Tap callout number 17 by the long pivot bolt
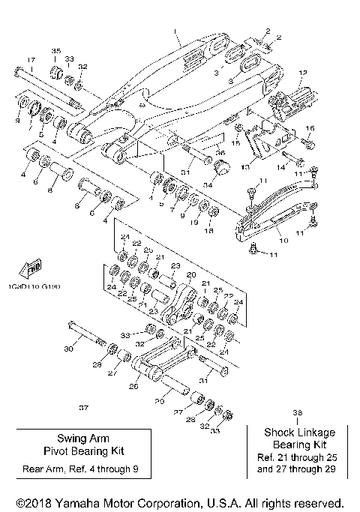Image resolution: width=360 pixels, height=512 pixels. pyautogui.click(x=31, y=60)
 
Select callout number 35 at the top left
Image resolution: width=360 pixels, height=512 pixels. pyautogui.click(x=55, y=50)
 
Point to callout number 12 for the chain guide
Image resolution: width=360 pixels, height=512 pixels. pyautogui.click(x=303, y=73)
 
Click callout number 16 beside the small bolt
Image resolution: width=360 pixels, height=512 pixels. pyautogui.click(x=310, y=128)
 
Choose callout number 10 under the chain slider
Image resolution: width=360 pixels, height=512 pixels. pyautogui.click(x=283, y=241)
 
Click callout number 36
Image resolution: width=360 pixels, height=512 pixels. pyautogui.click(x=220, y=152)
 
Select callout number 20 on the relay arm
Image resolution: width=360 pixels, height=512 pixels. pyautogui.click(x=190, y=274)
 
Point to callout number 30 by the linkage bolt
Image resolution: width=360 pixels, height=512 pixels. pyautogui.click(x=68, y=349)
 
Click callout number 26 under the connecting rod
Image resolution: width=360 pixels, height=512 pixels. pyautogui.click(x=134, y=387)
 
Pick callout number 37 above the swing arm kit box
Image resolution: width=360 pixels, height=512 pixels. pyautogui.click(x=83, y=408)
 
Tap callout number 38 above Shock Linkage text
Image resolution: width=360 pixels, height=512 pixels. pyautogui.click(x=298, y=413)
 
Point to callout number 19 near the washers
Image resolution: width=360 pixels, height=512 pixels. pyautogui.click(x=194, y=223)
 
